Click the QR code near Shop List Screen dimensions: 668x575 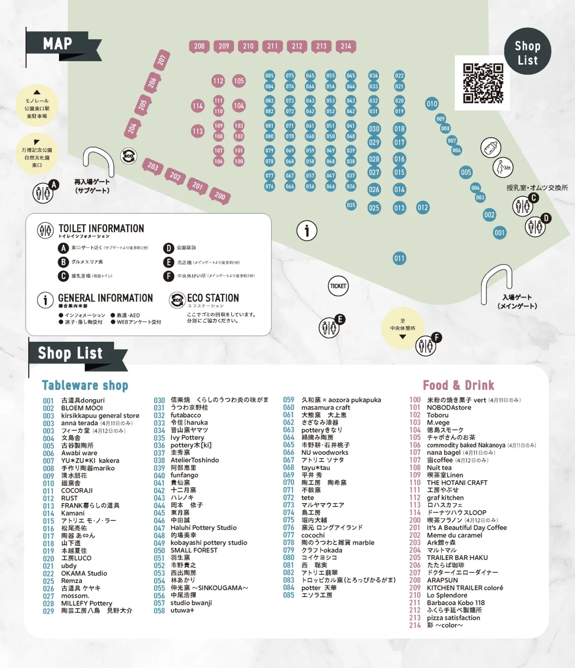483,83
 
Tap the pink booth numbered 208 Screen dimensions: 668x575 199,46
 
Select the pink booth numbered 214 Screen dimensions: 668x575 346,46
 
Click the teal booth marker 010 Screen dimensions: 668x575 432,104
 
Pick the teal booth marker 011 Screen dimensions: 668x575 400,258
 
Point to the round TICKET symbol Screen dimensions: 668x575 338,286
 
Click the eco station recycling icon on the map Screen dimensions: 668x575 128,156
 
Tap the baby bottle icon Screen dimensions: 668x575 490,148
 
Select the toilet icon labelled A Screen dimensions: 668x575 43,193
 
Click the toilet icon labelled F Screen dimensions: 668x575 426,345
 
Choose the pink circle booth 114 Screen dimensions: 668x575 197,106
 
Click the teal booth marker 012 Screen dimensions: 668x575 423,208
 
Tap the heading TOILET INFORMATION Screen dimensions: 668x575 101,229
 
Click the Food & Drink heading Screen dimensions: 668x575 458,386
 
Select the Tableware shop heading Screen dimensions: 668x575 85,386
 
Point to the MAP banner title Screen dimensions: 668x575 57,44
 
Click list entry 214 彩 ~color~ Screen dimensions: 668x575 444,625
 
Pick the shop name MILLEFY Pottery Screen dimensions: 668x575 87,603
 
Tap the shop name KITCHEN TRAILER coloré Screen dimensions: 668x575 465,588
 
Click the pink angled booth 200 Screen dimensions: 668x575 220,196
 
